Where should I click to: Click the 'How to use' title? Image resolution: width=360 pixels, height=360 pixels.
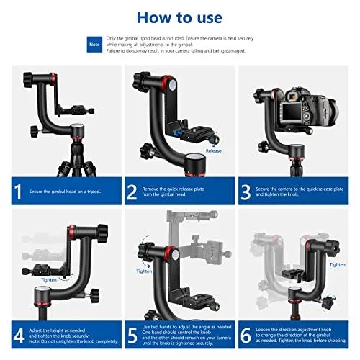(179, 17)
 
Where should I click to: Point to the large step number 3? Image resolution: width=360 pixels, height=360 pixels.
(248, 191)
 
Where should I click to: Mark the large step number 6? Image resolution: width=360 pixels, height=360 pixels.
(248, 336)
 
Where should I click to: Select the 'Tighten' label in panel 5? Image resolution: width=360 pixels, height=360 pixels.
(144, 271)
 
